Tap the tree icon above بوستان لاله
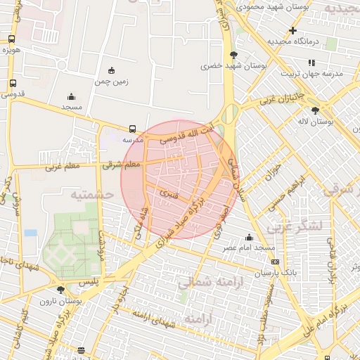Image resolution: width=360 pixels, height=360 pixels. (x=315, y=110)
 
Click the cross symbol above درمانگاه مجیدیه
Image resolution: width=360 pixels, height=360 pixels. (x=293, y=30)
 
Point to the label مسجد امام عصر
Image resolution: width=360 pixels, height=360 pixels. (x=249, y=248)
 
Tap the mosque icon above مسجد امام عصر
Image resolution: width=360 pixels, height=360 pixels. (x=249, y=237)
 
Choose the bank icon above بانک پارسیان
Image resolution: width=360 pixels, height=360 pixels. (x=275, y=262)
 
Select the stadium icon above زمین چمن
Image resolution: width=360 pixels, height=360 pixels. (x=111, y=70)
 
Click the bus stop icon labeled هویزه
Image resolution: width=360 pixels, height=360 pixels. (x=12, y=39)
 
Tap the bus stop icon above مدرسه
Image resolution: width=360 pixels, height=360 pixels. (x=133, y=129)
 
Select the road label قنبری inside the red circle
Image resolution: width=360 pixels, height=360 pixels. (x=169, y=191)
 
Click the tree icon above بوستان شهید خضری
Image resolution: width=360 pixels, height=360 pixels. (x=233, y=54)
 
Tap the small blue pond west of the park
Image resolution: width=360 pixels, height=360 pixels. (x=30, y=232)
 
